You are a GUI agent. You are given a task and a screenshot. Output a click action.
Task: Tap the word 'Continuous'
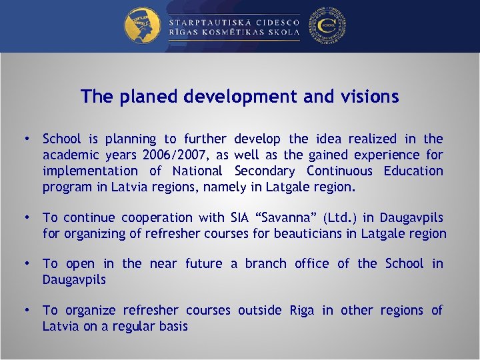coord(341,171)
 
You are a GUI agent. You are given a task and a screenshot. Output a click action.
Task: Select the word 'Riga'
coord(301,310)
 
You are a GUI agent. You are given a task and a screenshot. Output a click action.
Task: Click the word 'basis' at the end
coord(172,326)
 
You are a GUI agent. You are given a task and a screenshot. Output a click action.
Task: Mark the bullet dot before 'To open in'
coord(25,263)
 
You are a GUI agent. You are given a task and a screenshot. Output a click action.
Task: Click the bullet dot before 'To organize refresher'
coord(25,310)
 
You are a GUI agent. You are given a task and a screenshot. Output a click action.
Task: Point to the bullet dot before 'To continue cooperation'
coord(25,217)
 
